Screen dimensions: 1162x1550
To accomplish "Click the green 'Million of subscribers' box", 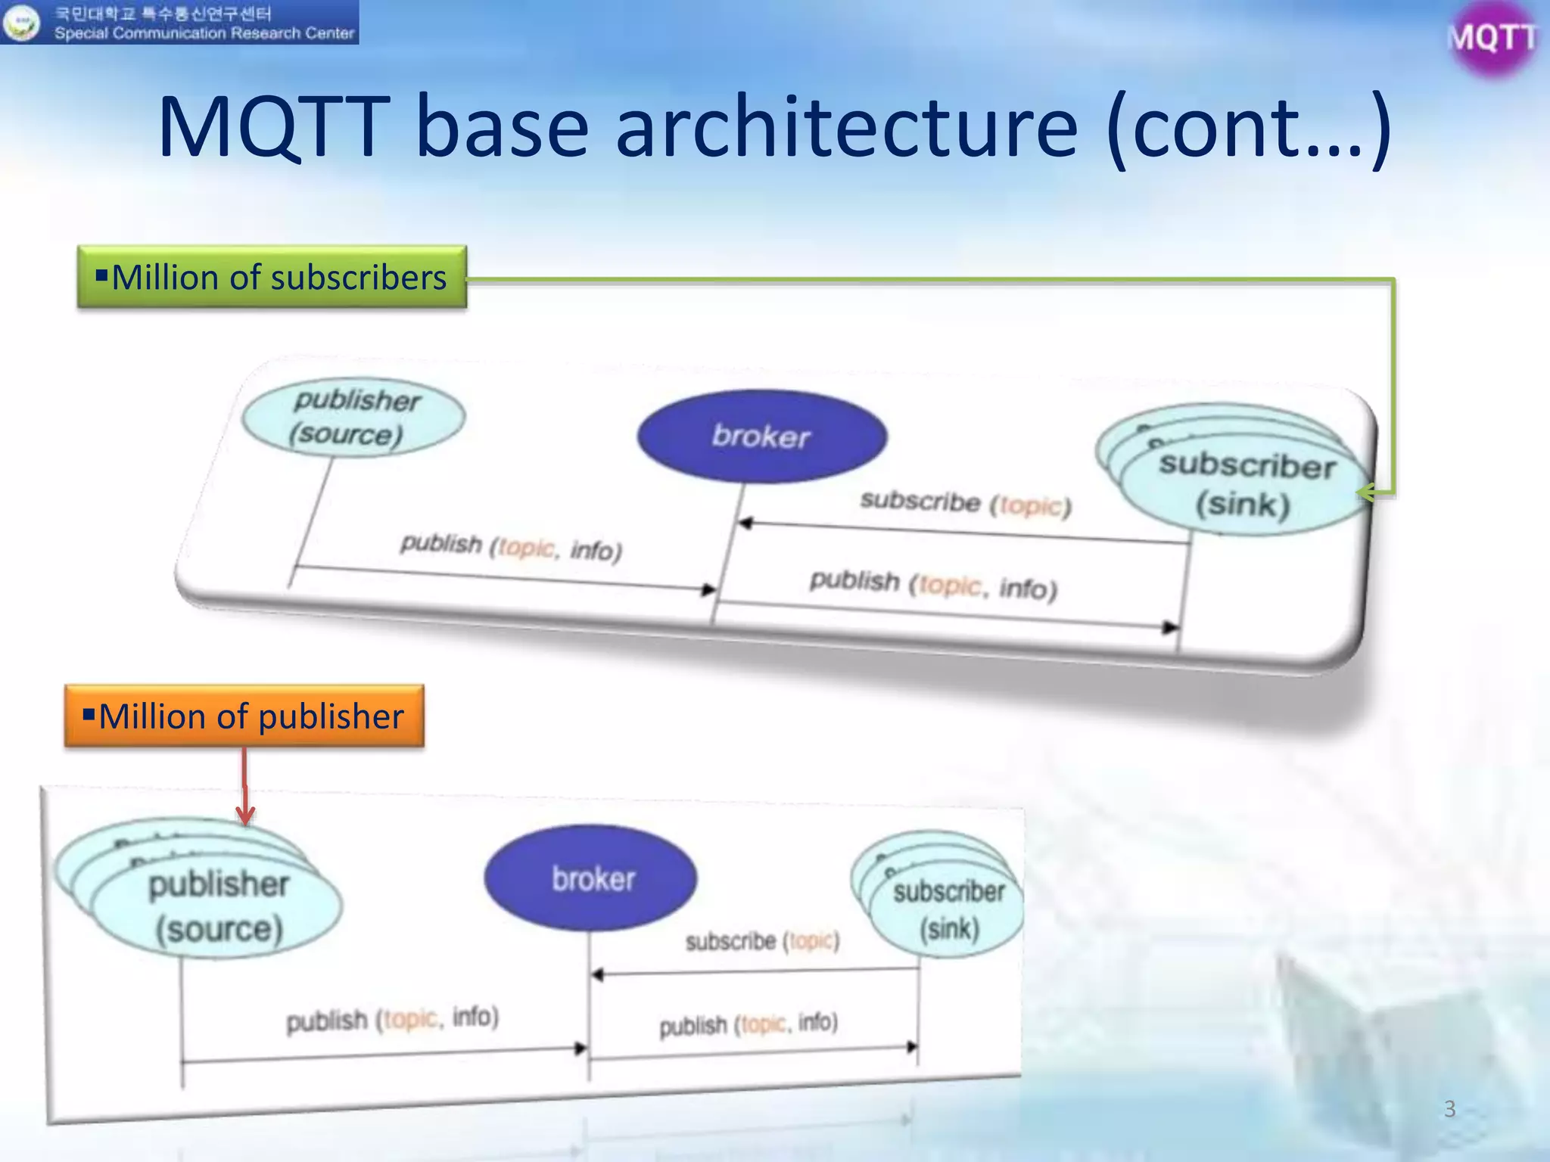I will pyautogui.click(x=272, y=278).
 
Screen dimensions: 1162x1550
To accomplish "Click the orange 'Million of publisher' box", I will pyautogui.click(x=244, y=716).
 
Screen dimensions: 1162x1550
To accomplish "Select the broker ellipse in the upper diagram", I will pyautogui.click(x=761, y=437).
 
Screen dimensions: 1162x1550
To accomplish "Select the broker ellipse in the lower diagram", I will pyautogui.click(x=591, y=878).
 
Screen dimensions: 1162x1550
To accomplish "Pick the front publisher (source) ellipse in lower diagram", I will pyautogui.click(x=217, y=907).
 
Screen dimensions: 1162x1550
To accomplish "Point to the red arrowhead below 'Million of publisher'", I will pyautogui.click(x=245, y=816).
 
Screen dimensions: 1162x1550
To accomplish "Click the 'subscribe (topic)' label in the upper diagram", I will pyautogui.click(x=966, y=503).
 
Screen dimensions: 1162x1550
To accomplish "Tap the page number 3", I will pyautogui.click(x=1449, y=1108).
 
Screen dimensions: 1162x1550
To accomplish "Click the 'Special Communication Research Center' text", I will pyautogui.click(x=204, y=33).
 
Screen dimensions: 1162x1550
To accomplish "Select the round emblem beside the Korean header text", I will pyautogui.click(x=21, y=22).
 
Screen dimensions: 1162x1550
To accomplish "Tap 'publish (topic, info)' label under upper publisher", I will pyautogui.click(x=511, y=546).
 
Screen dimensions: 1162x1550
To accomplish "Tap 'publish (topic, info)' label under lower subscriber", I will pyautogui.click(x=749, y=1025).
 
